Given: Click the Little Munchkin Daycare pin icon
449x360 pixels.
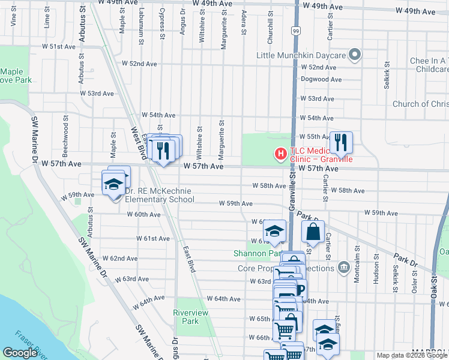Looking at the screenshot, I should pyautogui.click(x=355, y=55).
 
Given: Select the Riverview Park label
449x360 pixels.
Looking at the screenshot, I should pyautogui.click(x=190, y=317).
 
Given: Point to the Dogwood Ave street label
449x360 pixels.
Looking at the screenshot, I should pyautogui.click(x=321, y=79).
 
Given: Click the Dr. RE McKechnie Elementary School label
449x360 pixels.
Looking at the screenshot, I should pyautogui.click(x=159, y=194).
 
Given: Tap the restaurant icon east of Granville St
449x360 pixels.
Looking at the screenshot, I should pyautogui.click(x=340, y=142).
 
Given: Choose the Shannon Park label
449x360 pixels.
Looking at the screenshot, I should pyautogui.click(x=253, y=253).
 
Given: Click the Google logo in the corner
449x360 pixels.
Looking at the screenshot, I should pyautogui.click(x=20, y=352).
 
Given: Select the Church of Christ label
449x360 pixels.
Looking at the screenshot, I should pyautogui.click(x=420, y=104).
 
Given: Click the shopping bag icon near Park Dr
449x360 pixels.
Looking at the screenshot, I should pyautogui.click(x=313, y=231).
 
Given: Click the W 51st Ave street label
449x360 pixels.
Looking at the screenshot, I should pyautogui.click(x=62, y=46).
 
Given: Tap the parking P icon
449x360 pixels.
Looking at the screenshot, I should pyautogui.click(x=300, y=290).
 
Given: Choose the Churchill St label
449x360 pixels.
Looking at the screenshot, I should pyautogui.click(x=271, y=22).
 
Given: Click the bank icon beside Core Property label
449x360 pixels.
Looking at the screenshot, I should pyautogui.click(x=343, y=267).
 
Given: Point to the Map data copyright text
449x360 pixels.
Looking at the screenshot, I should pyautogui.click(x=412, y=355).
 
